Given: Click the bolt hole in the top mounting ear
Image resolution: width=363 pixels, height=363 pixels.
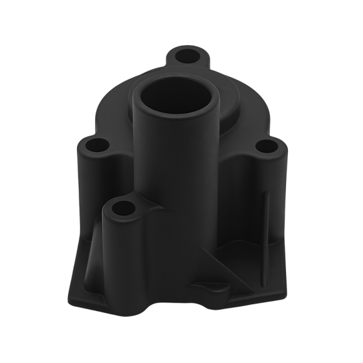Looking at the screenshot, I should (187, 56).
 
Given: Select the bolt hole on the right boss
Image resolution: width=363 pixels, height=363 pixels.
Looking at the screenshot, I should (267, 148).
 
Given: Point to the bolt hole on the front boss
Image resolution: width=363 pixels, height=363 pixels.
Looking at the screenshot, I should (123, 207).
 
